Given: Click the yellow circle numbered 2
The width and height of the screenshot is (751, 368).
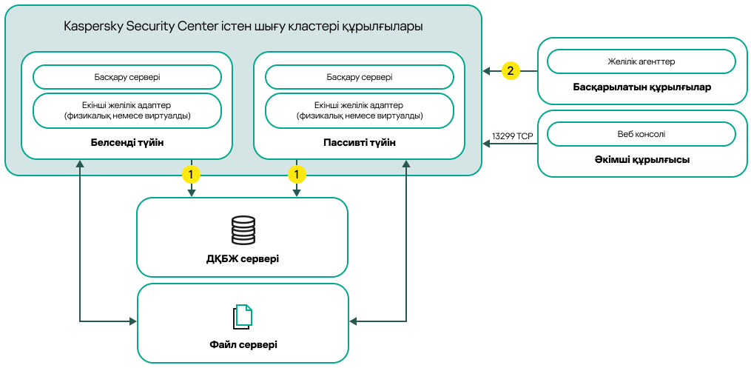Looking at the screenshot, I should [510, 71].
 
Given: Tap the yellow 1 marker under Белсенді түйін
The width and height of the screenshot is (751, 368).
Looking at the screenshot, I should [192, 175].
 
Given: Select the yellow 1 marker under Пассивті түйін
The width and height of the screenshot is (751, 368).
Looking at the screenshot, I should [297, 175].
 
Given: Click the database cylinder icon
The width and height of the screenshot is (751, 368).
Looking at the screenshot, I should [243, 230].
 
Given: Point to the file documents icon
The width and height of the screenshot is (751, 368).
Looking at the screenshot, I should [243, 317].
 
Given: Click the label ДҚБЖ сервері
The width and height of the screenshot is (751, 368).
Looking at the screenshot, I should [243, 258].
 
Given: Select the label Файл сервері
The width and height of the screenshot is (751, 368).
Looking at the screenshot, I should [243, 345].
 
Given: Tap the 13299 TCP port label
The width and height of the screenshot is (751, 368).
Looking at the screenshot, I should [512, 136].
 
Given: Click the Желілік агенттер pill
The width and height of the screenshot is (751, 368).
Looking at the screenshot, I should [641, 61].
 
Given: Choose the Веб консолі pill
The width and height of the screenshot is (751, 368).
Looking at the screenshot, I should [641, 134].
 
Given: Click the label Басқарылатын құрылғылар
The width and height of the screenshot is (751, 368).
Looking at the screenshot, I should [641, 87].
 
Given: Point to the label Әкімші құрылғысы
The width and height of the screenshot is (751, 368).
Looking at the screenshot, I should [641, 159].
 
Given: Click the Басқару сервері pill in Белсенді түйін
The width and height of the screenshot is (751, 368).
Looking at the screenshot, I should [127, 77].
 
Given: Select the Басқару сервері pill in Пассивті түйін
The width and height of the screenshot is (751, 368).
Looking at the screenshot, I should [360, 77].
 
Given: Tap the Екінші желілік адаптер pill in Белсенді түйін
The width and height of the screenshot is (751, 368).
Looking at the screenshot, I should [127, 110].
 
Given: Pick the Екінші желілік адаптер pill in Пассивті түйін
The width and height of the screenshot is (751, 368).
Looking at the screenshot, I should [360, 110].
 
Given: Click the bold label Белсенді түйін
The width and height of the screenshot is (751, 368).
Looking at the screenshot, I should [127, 142].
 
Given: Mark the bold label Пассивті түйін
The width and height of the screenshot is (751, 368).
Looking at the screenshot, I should [360, 142].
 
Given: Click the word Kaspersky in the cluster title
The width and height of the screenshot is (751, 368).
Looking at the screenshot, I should [93, 27].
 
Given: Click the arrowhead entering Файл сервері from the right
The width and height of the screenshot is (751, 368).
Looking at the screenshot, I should [353, 321].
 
